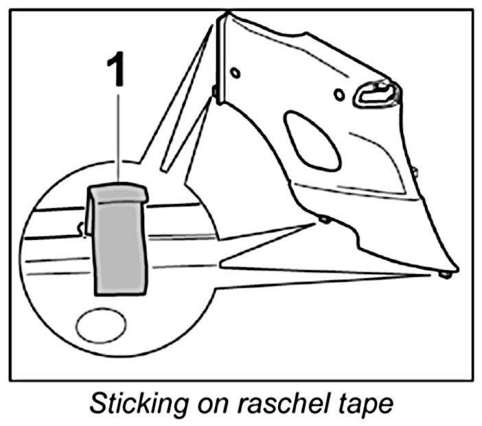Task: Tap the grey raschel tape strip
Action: point(119,247)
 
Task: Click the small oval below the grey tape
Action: point(100,327)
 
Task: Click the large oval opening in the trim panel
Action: point(312,141)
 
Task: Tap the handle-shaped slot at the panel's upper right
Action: point(376,94)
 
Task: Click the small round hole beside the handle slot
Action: point(338,94)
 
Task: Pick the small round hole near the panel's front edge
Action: point(236,71)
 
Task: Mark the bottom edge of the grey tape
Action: point(119,291)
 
